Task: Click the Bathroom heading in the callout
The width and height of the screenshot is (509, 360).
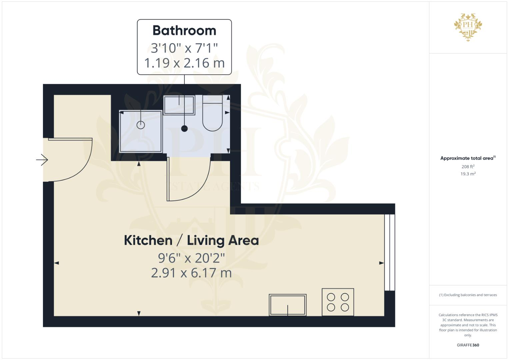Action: coord(184,31)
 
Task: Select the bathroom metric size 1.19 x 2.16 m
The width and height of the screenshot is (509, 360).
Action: coord(184,63)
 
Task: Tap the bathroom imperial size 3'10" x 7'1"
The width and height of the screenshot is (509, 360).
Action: coord(184,48)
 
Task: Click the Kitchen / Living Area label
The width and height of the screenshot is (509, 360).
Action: coord(191,240)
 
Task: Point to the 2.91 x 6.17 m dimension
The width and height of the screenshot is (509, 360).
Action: coord(191,273)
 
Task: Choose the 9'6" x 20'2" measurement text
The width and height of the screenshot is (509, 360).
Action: coord(191,258)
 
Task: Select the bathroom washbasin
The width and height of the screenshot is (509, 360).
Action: coord(179,105)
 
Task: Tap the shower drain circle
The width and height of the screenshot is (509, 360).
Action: coord(141,125)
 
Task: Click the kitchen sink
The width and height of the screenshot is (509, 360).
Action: coord(288,305)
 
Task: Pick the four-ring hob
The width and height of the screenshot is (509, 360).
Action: coord(338,302)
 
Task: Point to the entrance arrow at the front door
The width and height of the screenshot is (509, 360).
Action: coord(42,160)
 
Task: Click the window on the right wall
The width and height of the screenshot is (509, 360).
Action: coord(390,252)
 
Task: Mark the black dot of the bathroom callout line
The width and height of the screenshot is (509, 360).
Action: coord(184,128)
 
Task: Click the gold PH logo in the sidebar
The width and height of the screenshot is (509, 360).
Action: coord(468,27)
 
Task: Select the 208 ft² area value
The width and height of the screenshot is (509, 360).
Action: coord(468,167)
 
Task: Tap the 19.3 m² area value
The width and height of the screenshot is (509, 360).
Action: coord(468,174)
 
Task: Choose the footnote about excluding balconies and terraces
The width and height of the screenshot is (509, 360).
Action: coord(468,295)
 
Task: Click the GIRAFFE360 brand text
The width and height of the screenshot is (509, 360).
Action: coord(468,345)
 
